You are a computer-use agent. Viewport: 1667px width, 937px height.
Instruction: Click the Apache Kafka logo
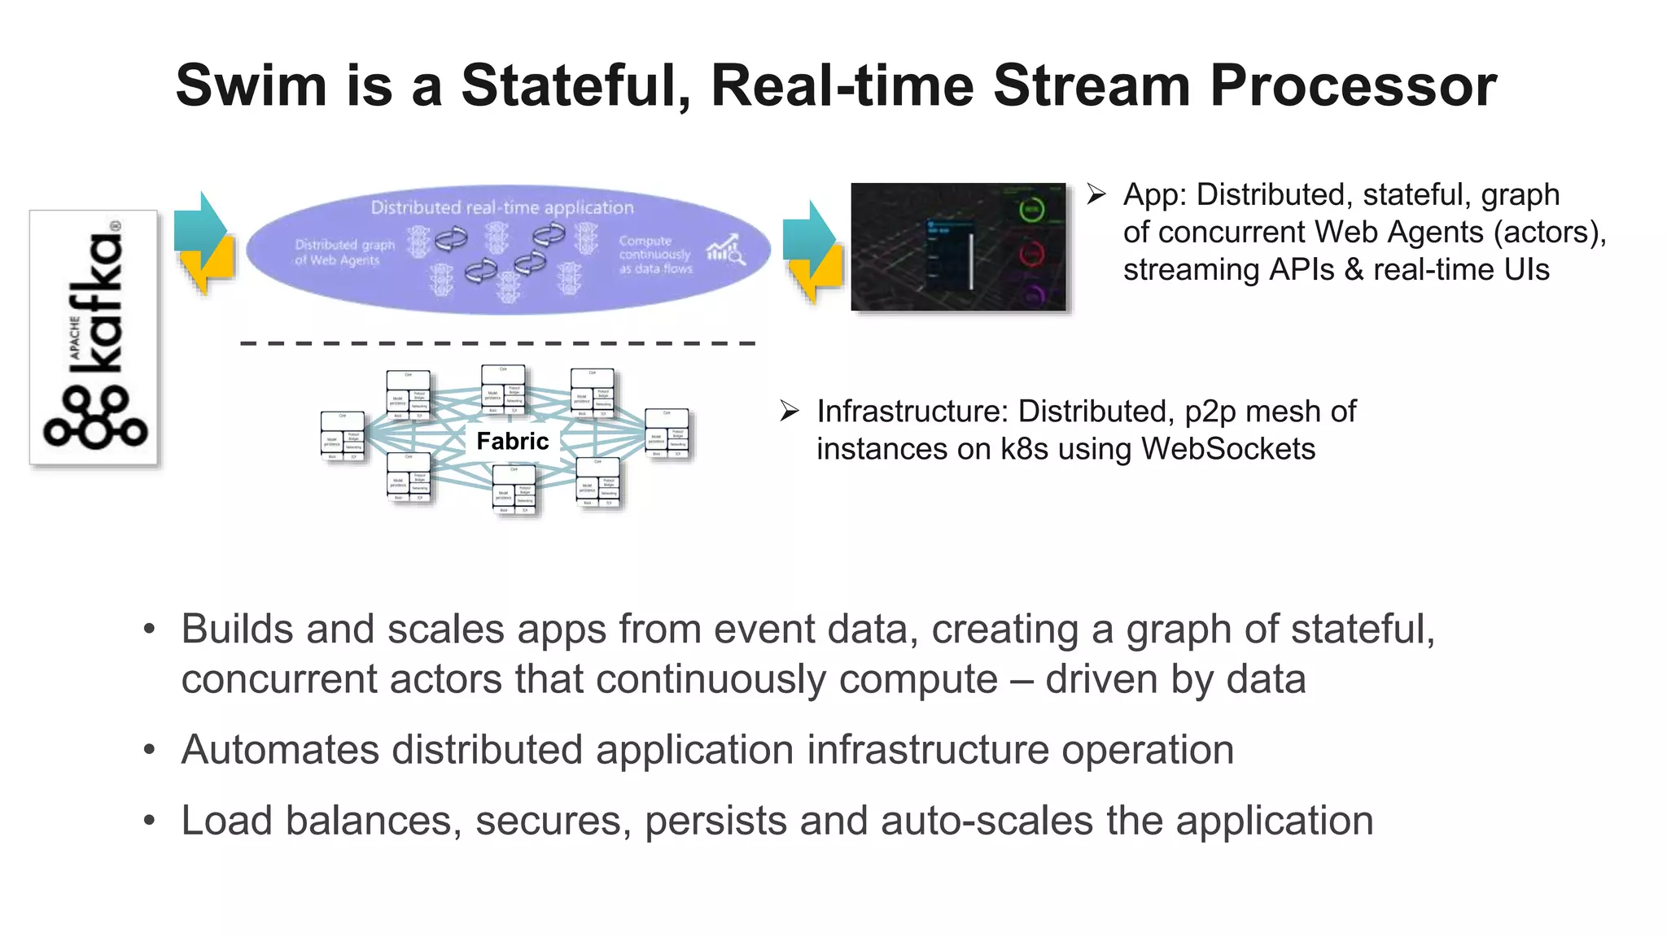(94, 338)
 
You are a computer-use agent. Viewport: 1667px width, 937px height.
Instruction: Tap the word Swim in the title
(251, 85)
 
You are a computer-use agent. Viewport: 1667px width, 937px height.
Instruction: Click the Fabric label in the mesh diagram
(512, 441)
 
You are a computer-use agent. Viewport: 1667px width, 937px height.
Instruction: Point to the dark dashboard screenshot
(958, 246)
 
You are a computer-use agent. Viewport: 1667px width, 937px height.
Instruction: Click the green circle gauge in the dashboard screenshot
(1031, 210)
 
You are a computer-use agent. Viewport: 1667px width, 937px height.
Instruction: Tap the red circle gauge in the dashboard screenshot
(1031, 254)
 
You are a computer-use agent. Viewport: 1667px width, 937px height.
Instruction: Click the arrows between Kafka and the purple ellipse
(203, 242)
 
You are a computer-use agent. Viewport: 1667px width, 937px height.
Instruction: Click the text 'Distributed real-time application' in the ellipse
(502, 207)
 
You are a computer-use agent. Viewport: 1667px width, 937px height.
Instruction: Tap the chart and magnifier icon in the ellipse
(725, 250)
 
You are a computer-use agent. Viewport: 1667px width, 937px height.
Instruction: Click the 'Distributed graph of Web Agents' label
(343, 252)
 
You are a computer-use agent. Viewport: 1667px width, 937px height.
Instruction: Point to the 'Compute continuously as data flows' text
(655, 255)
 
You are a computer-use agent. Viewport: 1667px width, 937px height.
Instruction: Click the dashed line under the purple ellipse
(498, 343)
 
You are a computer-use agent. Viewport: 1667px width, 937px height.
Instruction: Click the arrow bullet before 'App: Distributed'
(1096, 194)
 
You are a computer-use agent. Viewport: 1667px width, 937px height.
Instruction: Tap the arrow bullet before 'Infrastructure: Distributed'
(789, 412)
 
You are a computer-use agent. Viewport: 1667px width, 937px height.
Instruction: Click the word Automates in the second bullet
(279, 749)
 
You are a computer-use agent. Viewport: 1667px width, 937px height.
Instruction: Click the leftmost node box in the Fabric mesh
(343, 436)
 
